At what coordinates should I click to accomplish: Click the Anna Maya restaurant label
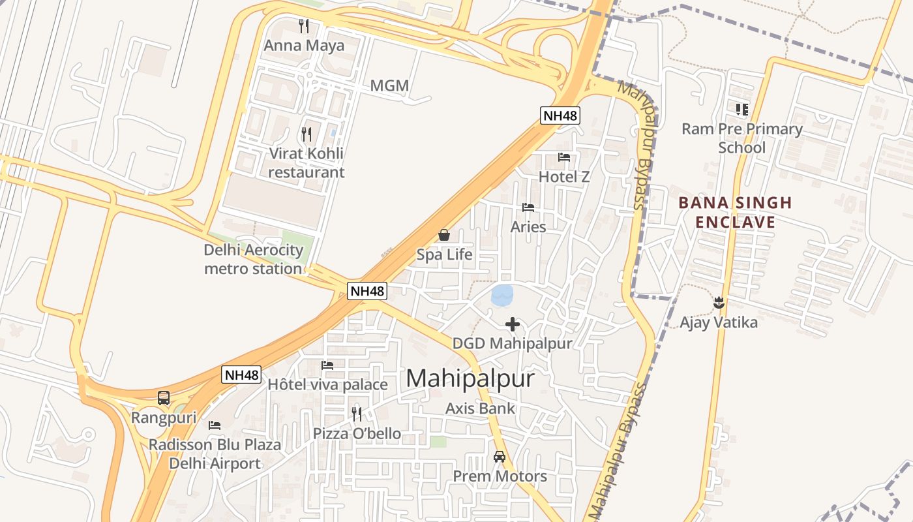[x=304, y=46]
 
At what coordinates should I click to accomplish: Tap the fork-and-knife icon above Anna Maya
[x=304, y=26]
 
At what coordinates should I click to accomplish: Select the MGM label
[x=389, y=85]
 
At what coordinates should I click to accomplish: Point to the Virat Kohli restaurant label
[x=306, y=163]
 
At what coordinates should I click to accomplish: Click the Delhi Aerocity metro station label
[x=254, y=259]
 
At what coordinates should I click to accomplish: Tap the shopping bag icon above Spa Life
[x=444, y=235]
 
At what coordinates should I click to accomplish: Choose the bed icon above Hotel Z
[x=564, y=157]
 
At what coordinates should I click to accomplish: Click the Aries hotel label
[x=528, y=227]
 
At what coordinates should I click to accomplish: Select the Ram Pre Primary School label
[x=742, y=138]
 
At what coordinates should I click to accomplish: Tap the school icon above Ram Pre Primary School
[x=741, y=110]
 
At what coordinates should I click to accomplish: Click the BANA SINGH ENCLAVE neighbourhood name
[x=735, y=213]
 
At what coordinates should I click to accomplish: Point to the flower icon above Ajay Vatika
[x=719, y=303]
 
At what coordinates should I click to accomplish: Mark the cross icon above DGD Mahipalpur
[x=513, y=324]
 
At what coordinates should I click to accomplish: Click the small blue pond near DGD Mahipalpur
[x=502, y=296]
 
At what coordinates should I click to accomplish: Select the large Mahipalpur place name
[x=470, y=379]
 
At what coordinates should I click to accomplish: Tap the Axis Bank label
[x=481, y=408]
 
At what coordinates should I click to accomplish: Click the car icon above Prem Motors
[x=500, y=457]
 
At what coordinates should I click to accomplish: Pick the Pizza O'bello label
[x=357, y=434]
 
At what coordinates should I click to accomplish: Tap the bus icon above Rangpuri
[x=164, y=398]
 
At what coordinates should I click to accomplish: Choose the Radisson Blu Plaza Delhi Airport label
[x=215, y=454]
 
